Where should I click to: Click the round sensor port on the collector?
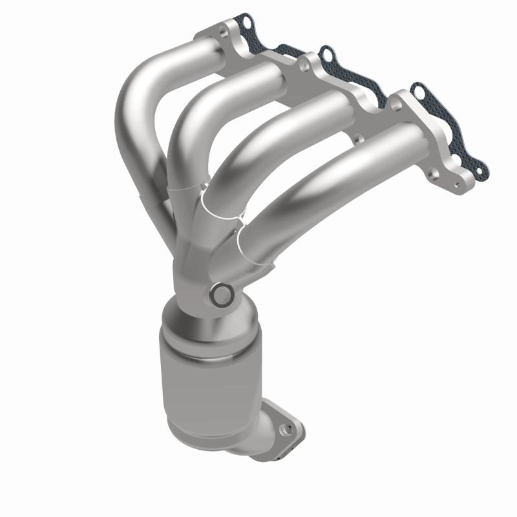click(222, 295)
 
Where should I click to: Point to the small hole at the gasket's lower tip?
click(479, 171)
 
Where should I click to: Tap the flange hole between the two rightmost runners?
click(355, 137)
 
